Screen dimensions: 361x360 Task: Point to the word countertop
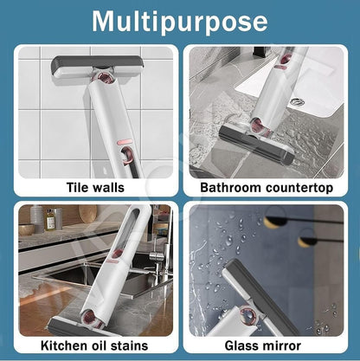click(x=301, y=186)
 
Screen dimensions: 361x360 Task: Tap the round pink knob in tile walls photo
click(x=106, y=79)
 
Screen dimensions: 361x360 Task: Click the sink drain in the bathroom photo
click(x=297, y=100)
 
